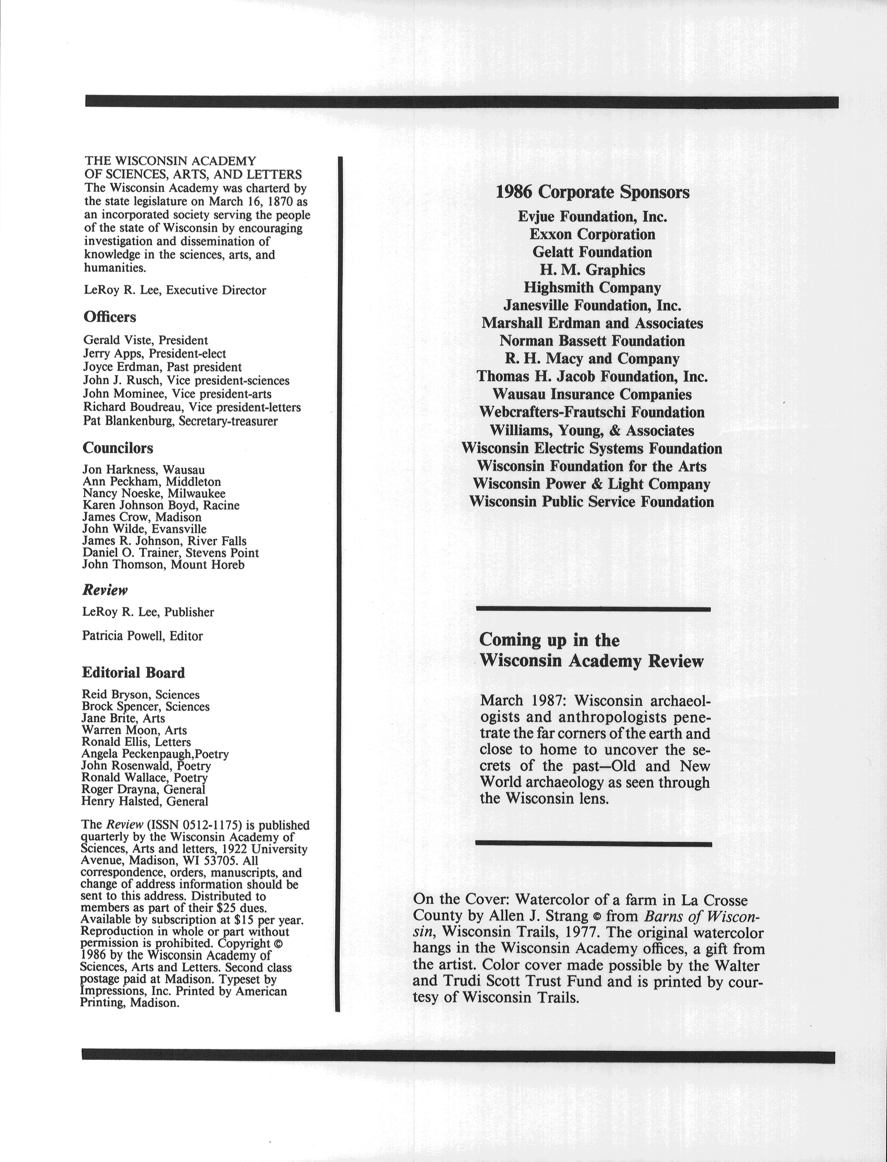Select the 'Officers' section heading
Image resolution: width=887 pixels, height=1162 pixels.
(110, 317)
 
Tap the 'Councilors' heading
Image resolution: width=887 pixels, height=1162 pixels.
(118, 448)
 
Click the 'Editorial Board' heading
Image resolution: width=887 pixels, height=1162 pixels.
(133, 673)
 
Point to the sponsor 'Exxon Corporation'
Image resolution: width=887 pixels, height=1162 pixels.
(592, 234)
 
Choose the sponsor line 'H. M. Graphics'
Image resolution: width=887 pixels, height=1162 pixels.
(592, 270)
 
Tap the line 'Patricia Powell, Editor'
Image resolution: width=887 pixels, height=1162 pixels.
(142, 636)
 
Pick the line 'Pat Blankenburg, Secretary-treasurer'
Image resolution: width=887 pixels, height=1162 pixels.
(180, 421)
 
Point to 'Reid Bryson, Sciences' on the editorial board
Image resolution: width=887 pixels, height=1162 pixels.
(140, 695)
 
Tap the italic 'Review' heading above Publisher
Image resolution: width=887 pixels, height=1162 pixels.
(105, 590)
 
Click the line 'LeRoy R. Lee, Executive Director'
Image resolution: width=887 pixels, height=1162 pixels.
(175, 290)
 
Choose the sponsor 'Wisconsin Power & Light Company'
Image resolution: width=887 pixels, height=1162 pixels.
(591, 484)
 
